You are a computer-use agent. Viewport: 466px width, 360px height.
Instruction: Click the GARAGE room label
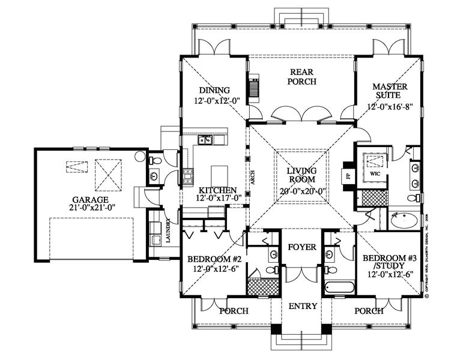pos(91,199)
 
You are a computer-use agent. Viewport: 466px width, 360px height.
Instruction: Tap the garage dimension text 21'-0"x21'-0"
pos(91,208)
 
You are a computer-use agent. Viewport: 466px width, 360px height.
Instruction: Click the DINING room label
pos(214,91)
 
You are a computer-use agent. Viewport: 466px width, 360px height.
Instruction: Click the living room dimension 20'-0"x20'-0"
pos(302,191)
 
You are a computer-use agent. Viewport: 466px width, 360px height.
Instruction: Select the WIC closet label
pos(375,173)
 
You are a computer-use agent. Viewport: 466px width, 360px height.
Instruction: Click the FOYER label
pos(302,247)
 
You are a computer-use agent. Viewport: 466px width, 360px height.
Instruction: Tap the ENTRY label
pos(302,306)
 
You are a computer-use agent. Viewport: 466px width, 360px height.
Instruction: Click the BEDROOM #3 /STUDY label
pos(390,262)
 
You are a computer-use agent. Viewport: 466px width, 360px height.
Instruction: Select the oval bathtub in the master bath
pos(404,222)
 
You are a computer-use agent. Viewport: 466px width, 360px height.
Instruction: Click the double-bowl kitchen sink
pos(205,141)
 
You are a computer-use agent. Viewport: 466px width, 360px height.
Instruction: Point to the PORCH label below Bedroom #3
pos(369,311)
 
